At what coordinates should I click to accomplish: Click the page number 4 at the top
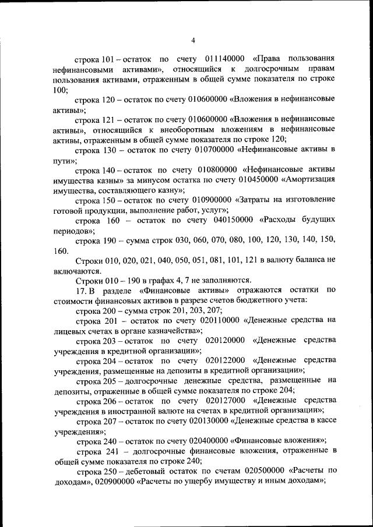coord(193,40)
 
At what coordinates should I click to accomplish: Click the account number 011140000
coord(225,59)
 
